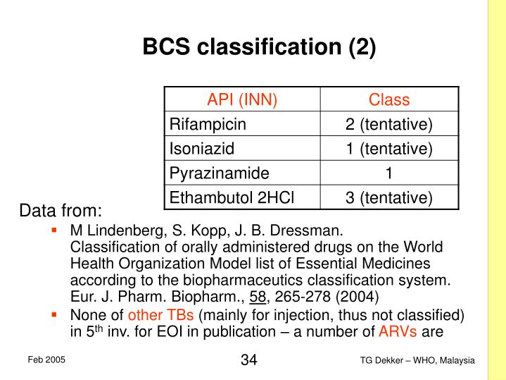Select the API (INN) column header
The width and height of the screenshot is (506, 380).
pos(242,99)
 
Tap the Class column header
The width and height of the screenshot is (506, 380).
pos(388,99)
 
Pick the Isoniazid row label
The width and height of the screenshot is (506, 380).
pos(201,149)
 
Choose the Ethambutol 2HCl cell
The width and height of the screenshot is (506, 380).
pos(227,198)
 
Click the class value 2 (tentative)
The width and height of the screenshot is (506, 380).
pos(388,124)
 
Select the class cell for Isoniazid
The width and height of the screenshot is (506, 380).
pos(388,149)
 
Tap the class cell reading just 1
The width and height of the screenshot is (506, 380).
pos(388,173)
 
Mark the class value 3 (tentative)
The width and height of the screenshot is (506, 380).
pos(388,198)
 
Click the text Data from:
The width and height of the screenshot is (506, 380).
pos(61,211)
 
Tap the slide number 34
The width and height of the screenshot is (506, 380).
pos(248,360)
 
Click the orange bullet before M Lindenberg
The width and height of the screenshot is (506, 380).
pos(53,230)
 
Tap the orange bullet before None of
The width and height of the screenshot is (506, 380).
pos(53,314)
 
